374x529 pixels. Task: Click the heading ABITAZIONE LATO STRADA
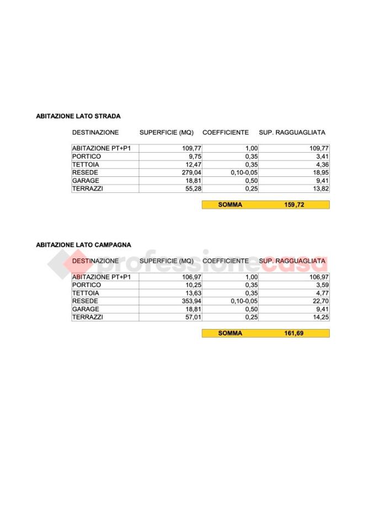click(78, 116)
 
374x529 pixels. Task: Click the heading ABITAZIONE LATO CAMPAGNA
click(83, 245)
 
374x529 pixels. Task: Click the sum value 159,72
click(294, 204)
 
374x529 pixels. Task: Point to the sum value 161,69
click(294, 333)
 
